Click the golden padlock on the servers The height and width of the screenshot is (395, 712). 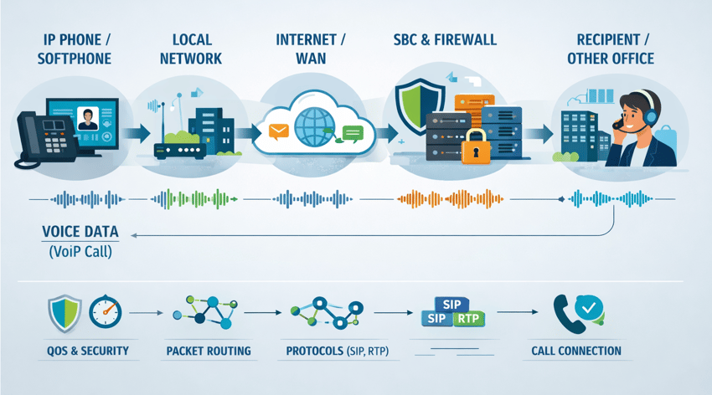click(475, 148)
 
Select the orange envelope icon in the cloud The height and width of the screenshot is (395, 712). click(278, 131)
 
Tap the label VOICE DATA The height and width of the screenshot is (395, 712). click(80, 233)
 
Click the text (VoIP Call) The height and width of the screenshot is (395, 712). click(80, 252)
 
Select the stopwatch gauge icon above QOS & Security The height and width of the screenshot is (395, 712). click(105, 311)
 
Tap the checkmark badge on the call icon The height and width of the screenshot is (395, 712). click(591, 308)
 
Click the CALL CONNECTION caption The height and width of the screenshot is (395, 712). click(576, 351)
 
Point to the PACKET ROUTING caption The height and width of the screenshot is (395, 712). click(209, 351)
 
